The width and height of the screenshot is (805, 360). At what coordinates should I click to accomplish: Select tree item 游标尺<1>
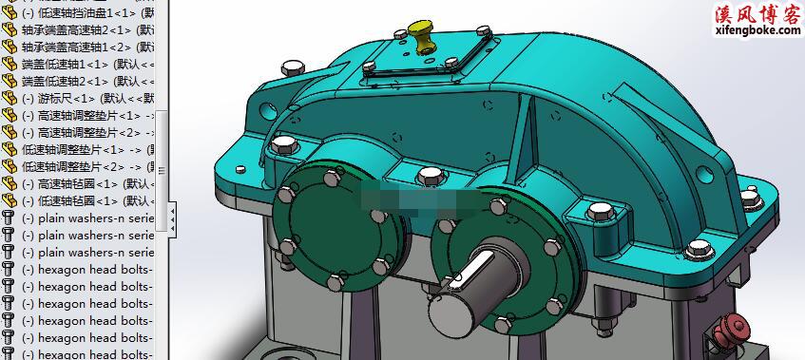point(81,98)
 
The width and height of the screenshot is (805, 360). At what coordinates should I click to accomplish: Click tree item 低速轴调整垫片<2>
point(86,166)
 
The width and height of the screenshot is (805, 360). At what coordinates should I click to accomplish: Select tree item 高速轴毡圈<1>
point(86,183)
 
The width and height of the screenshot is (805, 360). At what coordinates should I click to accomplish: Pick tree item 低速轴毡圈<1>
point(86,200)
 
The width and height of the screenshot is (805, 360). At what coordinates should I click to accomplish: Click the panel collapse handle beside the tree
point(172,216)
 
